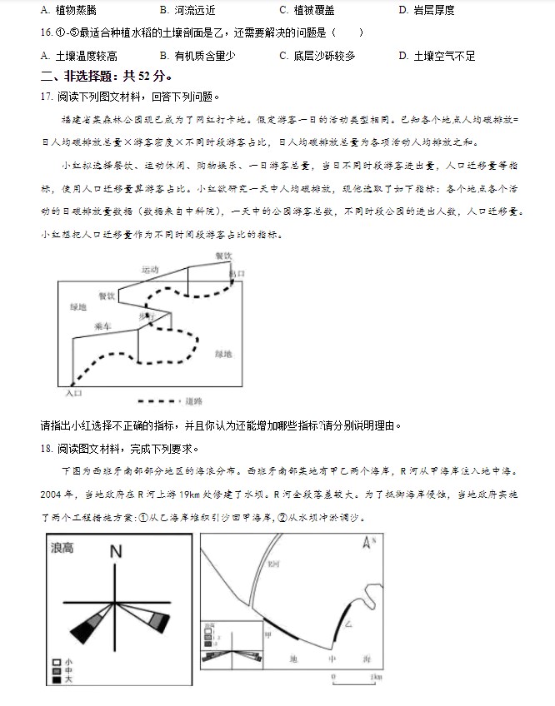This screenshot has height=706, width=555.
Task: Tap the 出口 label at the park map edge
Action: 237,272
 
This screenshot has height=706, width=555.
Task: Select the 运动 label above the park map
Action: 150,270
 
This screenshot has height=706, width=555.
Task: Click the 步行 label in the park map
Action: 146,317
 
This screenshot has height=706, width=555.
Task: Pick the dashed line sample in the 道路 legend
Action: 160,400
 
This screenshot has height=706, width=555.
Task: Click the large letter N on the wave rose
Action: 116,551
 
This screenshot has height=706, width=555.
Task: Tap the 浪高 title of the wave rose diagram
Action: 62,548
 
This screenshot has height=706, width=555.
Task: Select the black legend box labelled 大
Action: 56,679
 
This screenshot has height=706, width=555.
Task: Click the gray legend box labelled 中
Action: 56,670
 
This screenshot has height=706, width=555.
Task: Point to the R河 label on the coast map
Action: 272,563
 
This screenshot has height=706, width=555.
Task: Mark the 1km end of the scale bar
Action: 377,675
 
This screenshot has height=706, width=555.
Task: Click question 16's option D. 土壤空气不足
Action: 437,56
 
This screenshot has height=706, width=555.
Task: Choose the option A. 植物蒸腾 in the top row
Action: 68,10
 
